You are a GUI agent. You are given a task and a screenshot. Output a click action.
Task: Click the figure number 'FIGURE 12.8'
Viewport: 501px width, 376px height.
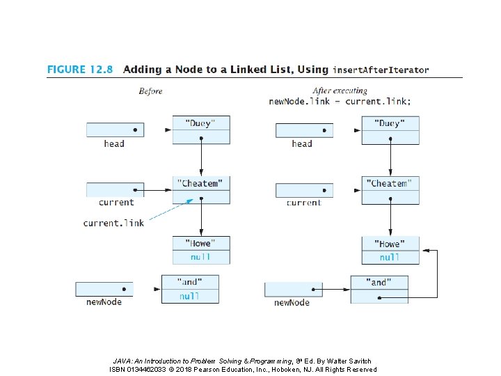[80, 70]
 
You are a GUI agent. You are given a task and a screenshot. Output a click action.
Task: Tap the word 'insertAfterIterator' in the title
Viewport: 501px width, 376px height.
[381, 70]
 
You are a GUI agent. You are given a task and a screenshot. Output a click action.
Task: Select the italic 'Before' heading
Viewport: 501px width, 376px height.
[150, 91]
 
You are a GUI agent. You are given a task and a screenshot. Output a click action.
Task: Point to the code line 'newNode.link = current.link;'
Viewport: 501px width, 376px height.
[340, 102]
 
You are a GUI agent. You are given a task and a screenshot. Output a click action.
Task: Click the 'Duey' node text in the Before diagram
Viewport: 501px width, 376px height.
[200, 123]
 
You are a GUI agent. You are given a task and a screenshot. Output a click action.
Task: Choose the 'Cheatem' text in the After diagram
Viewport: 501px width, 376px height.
[389, 184]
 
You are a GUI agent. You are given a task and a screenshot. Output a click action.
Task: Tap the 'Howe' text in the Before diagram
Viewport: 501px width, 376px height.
[200, 243]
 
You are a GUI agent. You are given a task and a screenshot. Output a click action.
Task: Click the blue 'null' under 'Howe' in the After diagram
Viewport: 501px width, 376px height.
[390, 258]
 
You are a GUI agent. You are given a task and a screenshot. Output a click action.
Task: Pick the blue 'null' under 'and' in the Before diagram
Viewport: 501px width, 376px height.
[189, 297]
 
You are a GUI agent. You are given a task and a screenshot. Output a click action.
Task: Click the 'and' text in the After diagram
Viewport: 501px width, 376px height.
[379, 282]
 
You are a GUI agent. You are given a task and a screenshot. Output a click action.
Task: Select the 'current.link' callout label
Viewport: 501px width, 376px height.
[113, 223]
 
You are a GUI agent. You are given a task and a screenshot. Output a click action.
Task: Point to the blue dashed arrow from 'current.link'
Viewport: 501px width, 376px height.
[171, 210]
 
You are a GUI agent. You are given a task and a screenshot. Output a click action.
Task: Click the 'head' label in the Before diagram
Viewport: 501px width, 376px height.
[114, 143]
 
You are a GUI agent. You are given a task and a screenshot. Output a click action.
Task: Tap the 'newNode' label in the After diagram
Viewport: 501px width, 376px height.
[292, 302]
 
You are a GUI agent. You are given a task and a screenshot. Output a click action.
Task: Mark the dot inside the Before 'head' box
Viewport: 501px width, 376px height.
[135, 130]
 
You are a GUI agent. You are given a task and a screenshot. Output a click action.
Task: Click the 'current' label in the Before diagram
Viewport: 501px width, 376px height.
[116, 203]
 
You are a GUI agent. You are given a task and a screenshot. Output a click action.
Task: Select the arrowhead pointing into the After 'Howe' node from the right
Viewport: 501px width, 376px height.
[426, 251]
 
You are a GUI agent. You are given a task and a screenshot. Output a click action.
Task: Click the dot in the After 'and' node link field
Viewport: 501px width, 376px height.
[379, 298]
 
